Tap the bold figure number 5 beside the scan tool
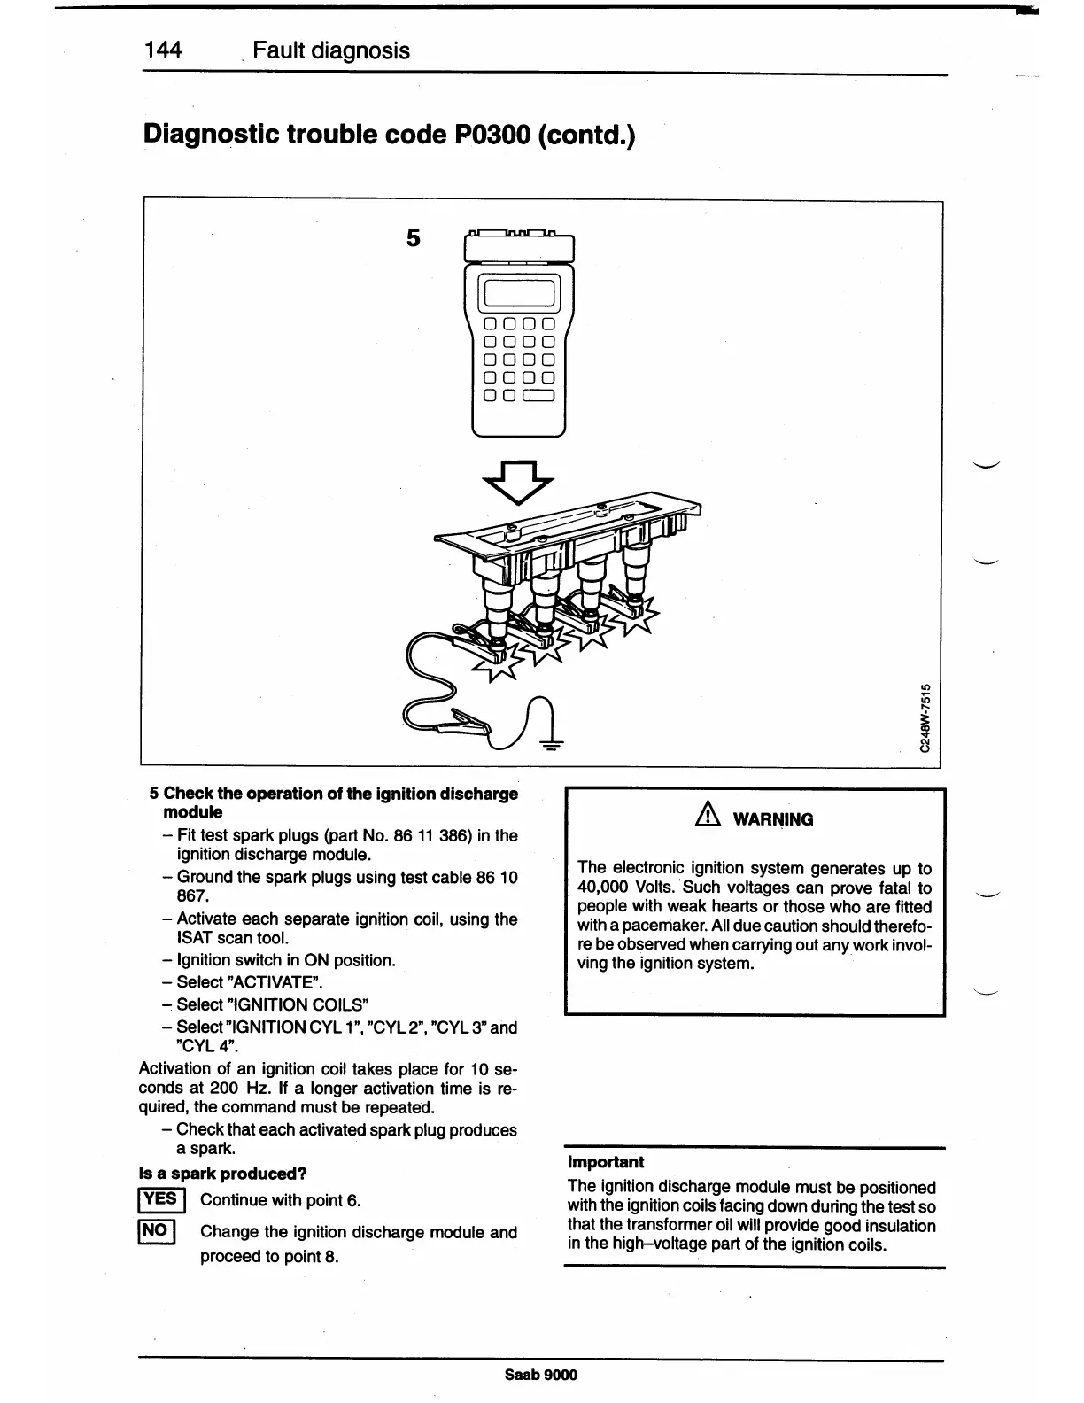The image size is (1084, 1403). tap(413, 238)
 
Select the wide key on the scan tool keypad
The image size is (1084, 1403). tap(538, 396)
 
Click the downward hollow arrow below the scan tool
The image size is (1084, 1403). tap(518, 481)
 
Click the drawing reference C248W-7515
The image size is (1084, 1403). tap(925, 717)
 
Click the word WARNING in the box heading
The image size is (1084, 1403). tap(772, 819)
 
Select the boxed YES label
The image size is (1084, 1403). tap(161, 1200)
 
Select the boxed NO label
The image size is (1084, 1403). tap(156, 1231)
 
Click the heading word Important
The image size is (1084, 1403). tap(606, 1162)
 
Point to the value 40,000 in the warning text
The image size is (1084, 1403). tap(603, 888)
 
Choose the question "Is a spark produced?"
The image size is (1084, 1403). tap(223, 1174)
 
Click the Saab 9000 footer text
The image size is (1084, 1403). tap(540, 1375)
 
